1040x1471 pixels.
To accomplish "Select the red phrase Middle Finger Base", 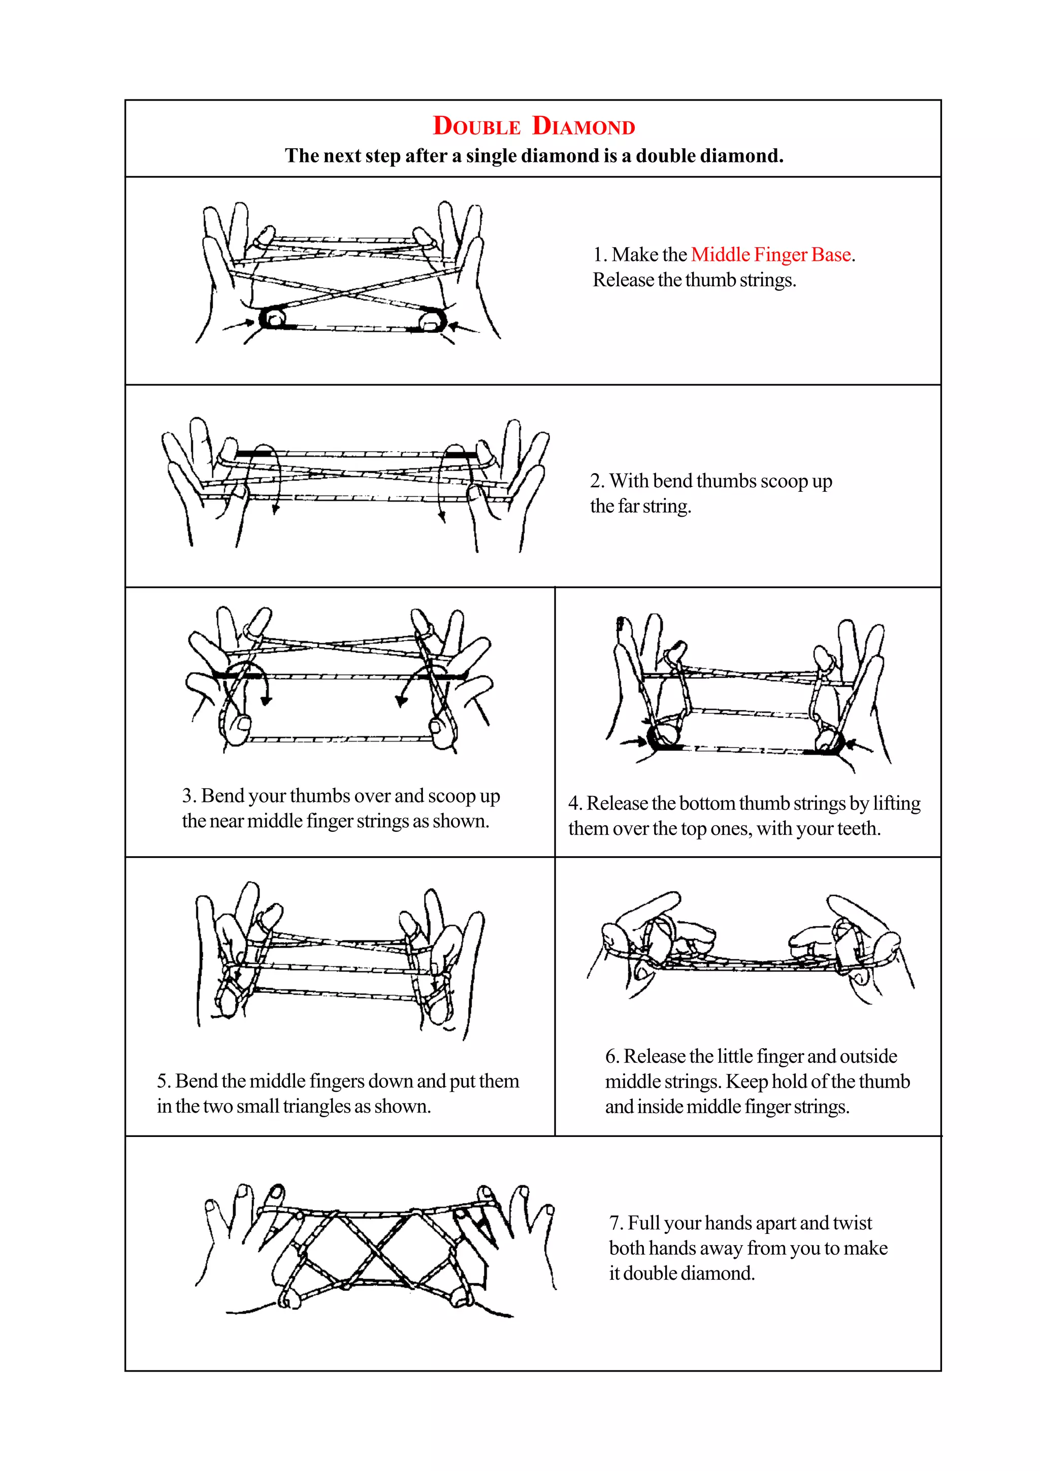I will click(x=771, y=254).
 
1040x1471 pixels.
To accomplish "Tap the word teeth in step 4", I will click(x=859, y=828).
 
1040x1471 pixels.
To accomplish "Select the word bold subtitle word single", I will click(x=492, y=156).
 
